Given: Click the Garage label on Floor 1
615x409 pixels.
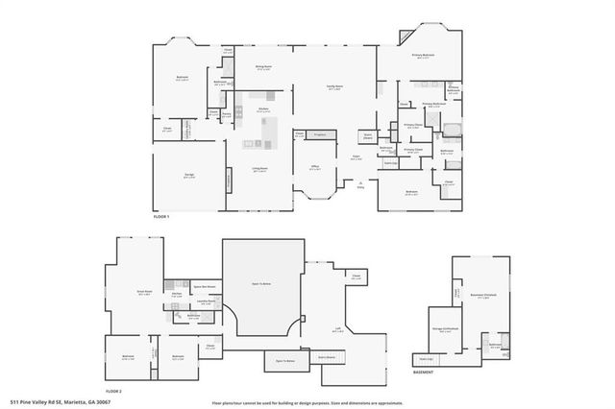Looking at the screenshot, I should [189, 175].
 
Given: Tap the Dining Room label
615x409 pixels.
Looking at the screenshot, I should [263, 68].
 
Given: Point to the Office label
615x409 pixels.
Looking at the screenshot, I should [314, 169].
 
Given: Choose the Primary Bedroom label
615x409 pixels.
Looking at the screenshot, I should [424, 57].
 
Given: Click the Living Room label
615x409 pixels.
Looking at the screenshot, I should [259, 171].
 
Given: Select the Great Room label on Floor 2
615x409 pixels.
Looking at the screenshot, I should [143, 295].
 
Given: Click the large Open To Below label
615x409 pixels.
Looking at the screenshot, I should [262, 285].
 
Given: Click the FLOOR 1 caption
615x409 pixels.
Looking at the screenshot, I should [161, 219].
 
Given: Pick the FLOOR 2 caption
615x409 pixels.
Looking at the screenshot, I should [114, 392].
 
